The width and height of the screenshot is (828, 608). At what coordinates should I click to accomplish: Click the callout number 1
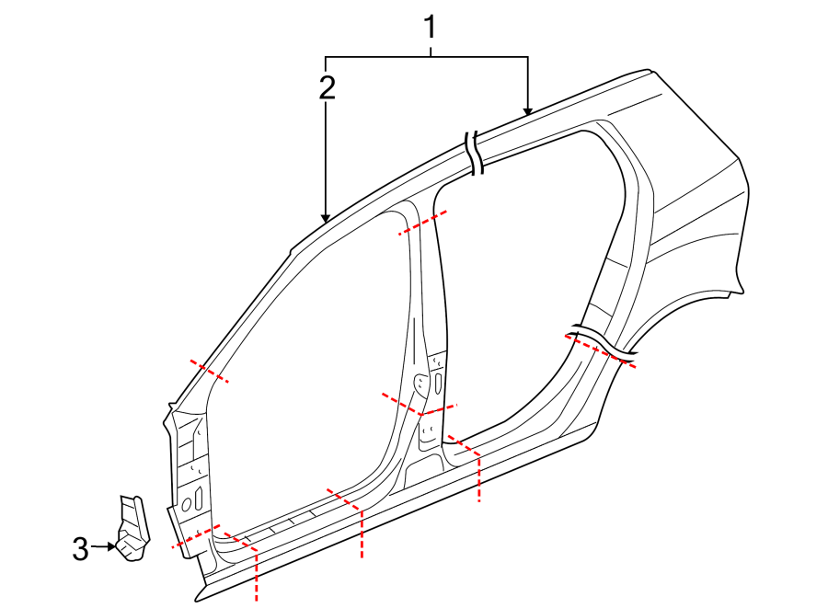pyautogui.click(x=431, y=28)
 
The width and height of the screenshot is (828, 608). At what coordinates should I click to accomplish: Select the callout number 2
pyautogui.click(x=328, y=87)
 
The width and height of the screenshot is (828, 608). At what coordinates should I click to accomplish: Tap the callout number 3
pyautogui.click(x=80, y=549)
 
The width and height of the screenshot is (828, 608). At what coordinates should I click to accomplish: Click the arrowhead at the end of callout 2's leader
pyautogui.click(x=326, y=219)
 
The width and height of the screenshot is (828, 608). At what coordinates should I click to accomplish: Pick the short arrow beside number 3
pyautogui.click(x=103, y=546)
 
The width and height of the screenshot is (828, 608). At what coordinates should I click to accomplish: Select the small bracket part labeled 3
pyautogui.click(x=133, y=529)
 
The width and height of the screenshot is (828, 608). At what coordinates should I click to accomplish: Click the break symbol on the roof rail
pyautogui.click(x=474, y=153)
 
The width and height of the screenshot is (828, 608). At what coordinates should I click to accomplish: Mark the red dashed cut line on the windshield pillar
pyautogui.click(x=209, y=371)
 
